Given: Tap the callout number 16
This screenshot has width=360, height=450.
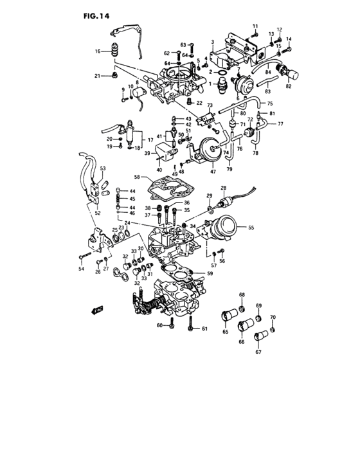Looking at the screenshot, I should [x=98, y=51].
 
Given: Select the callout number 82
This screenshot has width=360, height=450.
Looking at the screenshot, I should [x=288, y=85].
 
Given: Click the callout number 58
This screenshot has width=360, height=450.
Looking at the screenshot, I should [x=136, y=176].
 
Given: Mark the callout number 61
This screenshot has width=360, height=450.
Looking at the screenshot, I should [x=204, y=329].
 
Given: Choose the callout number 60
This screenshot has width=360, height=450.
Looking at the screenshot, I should [x=159, y=325].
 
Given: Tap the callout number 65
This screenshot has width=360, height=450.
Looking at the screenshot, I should [x=226, y=333].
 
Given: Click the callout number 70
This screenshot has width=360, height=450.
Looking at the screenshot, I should [x=273, y=317].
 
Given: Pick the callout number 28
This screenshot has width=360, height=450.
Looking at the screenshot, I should [x=224, y=188].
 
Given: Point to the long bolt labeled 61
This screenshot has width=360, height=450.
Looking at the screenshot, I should [x=191, y=328].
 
